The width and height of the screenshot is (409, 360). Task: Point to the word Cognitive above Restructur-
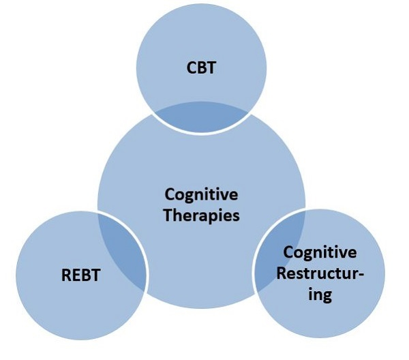click(x=320, y=253)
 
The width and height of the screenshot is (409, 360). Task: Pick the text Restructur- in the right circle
click(x=320, y=274)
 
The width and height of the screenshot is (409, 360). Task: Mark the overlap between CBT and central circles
click(x=202, y=117)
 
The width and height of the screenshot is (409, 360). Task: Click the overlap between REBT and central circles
click(x=127, y=249)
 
